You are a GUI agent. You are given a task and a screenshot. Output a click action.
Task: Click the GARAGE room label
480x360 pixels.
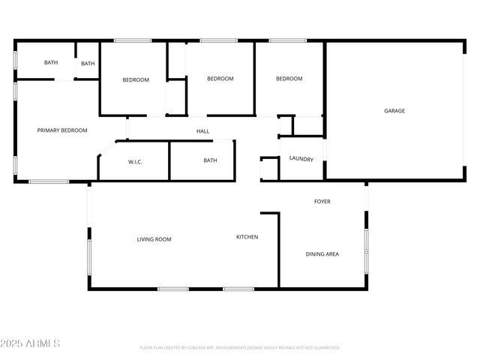[394, 111]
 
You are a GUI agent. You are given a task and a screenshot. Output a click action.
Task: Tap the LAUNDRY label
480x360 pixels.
[301, 158]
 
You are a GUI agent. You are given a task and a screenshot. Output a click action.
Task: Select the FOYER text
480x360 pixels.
[322, 202]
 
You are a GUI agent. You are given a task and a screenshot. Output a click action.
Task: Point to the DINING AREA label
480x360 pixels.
[322, 254]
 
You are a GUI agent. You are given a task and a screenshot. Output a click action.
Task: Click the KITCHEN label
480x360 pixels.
[247, 237]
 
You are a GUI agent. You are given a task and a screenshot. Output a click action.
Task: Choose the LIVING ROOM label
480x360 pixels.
[154, 240]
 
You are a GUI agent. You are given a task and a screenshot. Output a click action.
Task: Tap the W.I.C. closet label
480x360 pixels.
[136, 161]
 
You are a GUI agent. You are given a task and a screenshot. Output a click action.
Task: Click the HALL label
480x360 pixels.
[202, 132]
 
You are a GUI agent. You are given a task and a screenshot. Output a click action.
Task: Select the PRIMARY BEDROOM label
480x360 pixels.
[62, 130]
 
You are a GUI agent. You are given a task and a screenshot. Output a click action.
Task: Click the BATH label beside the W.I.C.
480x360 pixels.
[210, 160]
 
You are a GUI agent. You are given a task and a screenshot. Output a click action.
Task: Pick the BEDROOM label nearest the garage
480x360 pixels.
[289, 79]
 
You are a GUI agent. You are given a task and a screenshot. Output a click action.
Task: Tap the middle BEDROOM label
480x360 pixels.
[220, 79]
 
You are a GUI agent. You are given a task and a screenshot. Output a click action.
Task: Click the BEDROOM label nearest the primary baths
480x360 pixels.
[136, 80]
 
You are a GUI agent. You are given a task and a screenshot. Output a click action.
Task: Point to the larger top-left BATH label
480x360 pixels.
[50, 63]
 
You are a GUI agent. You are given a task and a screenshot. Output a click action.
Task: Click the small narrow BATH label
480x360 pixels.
[88, 64]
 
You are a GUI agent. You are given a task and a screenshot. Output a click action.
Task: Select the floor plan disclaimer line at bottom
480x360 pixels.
[240, 348]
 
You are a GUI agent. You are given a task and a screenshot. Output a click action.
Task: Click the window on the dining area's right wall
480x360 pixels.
[367, 244]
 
